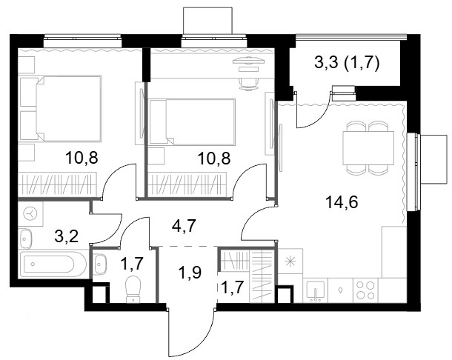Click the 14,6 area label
pyautogui.click(x=342, y=201)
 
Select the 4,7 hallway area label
pyautogui.click(x=184, y=226)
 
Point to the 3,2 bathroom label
pyautogui.click(x=66, y=236)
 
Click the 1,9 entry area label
pyautogui.click(x=190, y=273)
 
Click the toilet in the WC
pyautogui.click(x=133, y=289)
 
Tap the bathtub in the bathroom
pyautogui.click(x=52, y=264)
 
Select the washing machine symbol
pyautogui.click(x=30, y=214)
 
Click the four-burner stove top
pyautogui.click(x=365, y=290)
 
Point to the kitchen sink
pyautogui.click(x=316, y=291)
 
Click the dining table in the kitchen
pyautogui.click(x=368, y=147)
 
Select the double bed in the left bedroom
pyautogui.click(x=60, y=108)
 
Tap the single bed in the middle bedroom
pyautogui.click(x=192, y=121)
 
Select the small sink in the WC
pyautogui.click(x=100, y=264)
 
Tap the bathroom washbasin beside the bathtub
pyautogui.click(x=25, y=239)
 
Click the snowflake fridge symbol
pyautogui.click(x=290, y=261)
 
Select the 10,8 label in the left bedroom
pyautogui.click(x=82, y=158)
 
